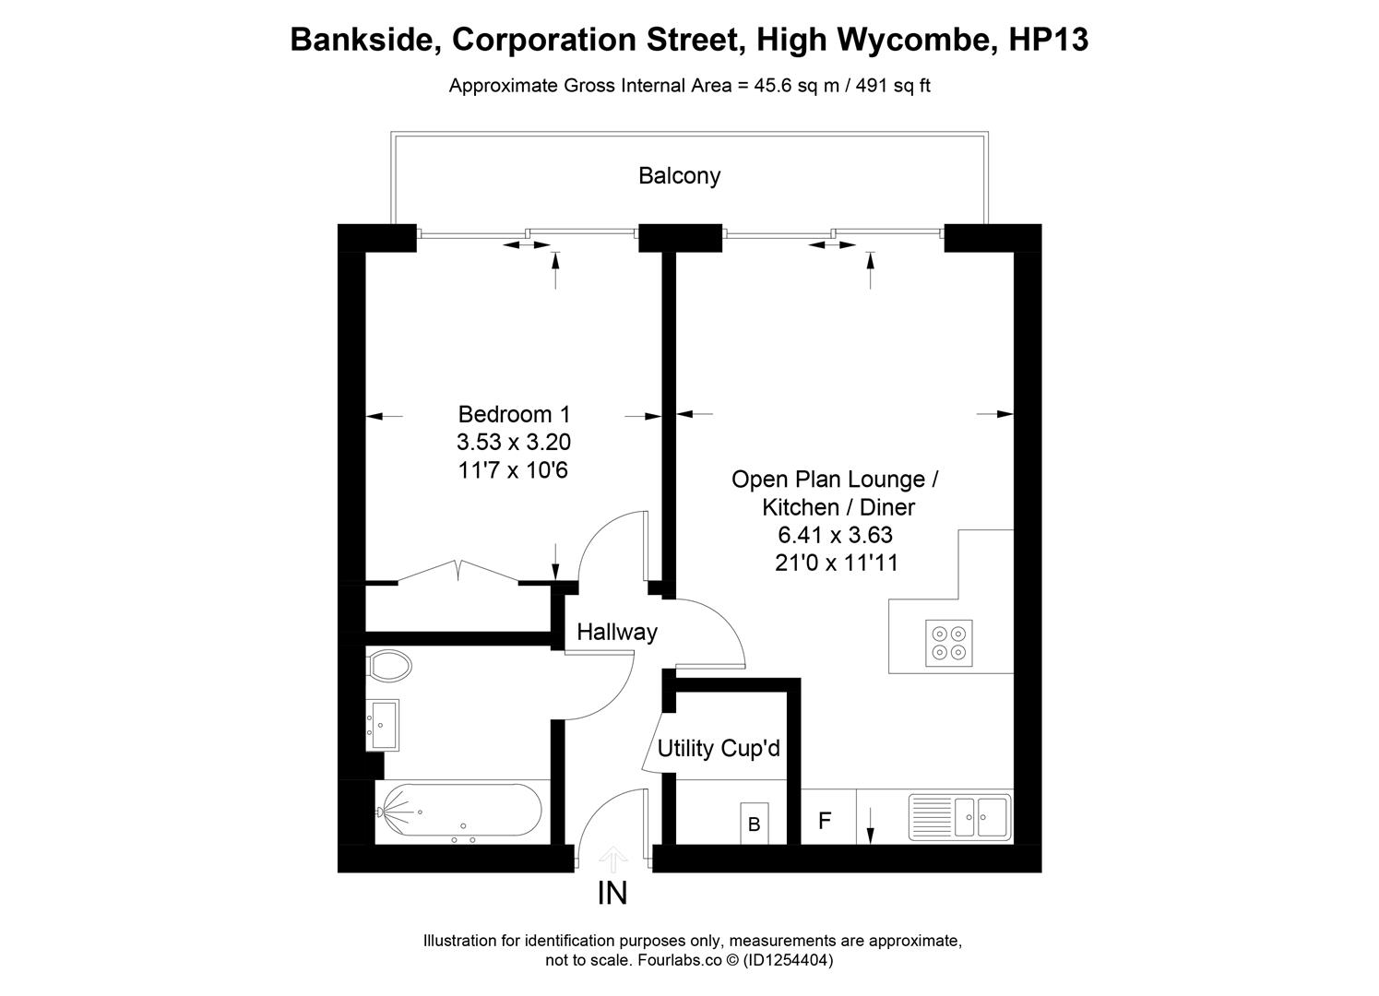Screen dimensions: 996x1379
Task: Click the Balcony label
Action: click(x=679, y=176)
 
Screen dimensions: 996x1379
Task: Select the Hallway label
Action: click(x=616, y=632)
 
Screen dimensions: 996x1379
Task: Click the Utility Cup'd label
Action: click(x=718, y=748)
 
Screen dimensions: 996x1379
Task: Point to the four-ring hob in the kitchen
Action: click(x=949, y=643)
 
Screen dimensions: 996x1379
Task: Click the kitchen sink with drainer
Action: click(x=959, y=815)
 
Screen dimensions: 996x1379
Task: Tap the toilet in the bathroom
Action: click(x=389, y=665)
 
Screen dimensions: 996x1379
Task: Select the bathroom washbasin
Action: click(x=383, y=724)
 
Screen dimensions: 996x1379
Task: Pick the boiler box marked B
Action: click(x=754, y=824)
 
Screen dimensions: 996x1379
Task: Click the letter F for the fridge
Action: click(x=826, y=820)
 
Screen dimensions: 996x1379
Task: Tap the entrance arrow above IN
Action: click(x=613, y=860)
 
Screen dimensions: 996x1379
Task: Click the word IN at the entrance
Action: click(x=613, y=893)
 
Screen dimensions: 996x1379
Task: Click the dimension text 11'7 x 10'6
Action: click(x=513, y=470)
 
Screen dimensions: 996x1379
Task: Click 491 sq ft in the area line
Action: click(x=893, y=86)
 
